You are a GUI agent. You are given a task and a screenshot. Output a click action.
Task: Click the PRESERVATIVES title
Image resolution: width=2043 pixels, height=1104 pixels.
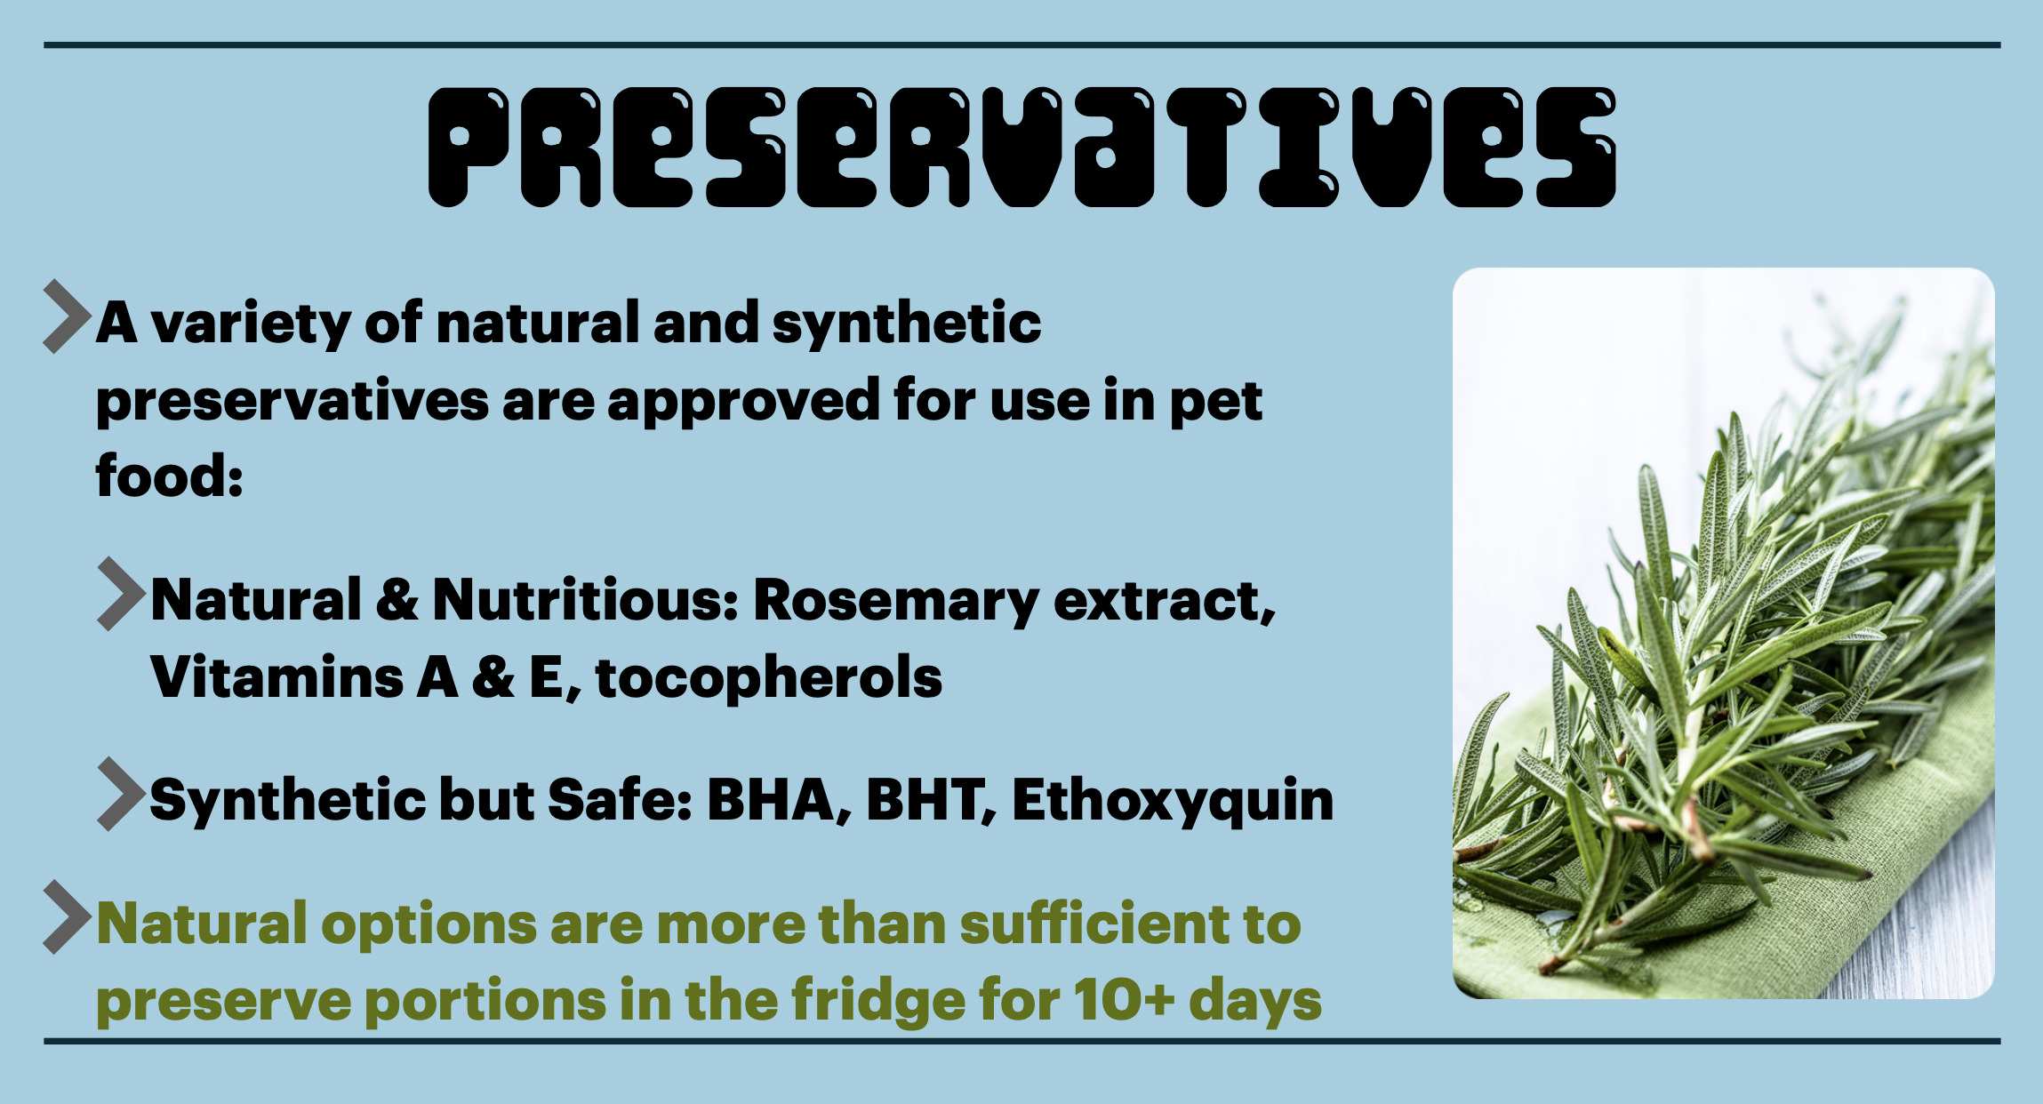tap(1022, 148)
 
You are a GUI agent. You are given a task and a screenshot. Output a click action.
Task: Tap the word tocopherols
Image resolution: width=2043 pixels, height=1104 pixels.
tap(769, 677)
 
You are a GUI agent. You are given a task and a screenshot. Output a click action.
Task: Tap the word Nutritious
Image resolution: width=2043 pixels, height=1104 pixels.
tap(585, 600)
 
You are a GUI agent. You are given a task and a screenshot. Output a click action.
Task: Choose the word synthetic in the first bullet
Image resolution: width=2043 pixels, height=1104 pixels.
tap(907, 323)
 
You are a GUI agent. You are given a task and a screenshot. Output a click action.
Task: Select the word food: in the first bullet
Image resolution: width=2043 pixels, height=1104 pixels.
tap(169, 476)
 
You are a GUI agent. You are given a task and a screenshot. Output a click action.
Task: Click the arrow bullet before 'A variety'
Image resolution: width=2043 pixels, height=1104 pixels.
tap(67, 316)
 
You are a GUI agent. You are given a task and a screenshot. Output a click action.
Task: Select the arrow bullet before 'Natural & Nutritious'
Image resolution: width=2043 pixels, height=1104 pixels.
tap(121, 594)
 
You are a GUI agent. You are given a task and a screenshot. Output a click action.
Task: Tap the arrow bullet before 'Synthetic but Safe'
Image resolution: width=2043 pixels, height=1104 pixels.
tap(121, 794)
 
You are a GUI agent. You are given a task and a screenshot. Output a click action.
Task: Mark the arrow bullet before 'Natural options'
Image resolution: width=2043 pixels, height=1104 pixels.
tap(67, 917)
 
